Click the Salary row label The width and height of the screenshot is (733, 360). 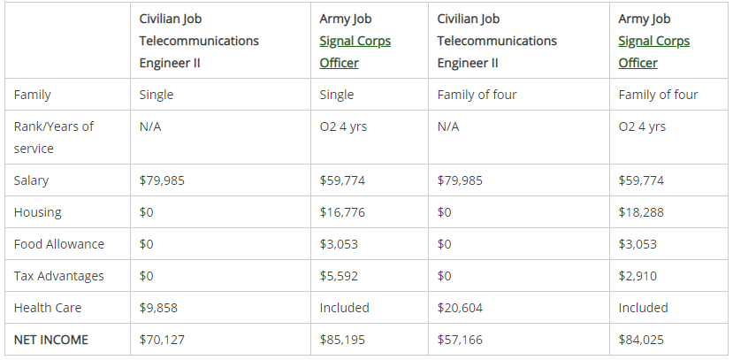click(32, 180)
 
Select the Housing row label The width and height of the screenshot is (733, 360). click(38, 212)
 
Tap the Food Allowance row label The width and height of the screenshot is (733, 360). click(59, 244)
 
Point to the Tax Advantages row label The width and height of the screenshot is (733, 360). click(58, 276)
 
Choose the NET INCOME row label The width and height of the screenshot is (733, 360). click(51, 340)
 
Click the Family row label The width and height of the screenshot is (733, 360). click(33, 95)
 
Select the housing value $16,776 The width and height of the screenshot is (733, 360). click(342, 212)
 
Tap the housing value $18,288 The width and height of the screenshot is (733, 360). click(641, 212)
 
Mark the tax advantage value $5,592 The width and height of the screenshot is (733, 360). click(339, 276)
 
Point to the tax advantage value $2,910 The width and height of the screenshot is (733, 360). click(638, 276)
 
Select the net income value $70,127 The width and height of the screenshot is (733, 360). click(162, 340)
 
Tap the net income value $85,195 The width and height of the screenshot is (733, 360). click(342, 340)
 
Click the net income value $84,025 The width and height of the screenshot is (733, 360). click(641, 340)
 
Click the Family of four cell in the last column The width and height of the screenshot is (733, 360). click(658, 95)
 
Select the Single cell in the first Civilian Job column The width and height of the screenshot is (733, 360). click(157, 95)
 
